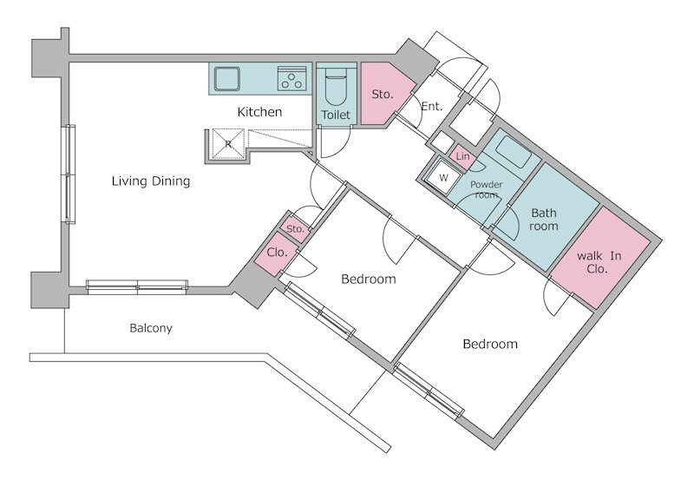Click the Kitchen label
tap(259, 112)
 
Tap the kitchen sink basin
tap(227, 79)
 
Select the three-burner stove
tap(291, 79)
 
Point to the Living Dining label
tap(151, 181)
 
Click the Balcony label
tap(151, 328)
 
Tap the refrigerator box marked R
tap(228, 143)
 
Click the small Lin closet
tap(462, 157)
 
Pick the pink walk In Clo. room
tap(600, 257)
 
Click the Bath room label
tap(544, 220)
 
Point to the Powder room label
tap(487, 189)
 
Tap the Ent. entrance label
tap(431, 106)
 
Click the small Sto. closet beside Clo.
tap(295, 228)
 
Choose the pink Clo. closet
tap(276, 253)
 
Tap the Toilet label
tap(336, 115)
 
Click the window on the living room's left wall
tap(70, 174)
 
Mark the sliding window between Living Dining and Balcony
tap(137, 287)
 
